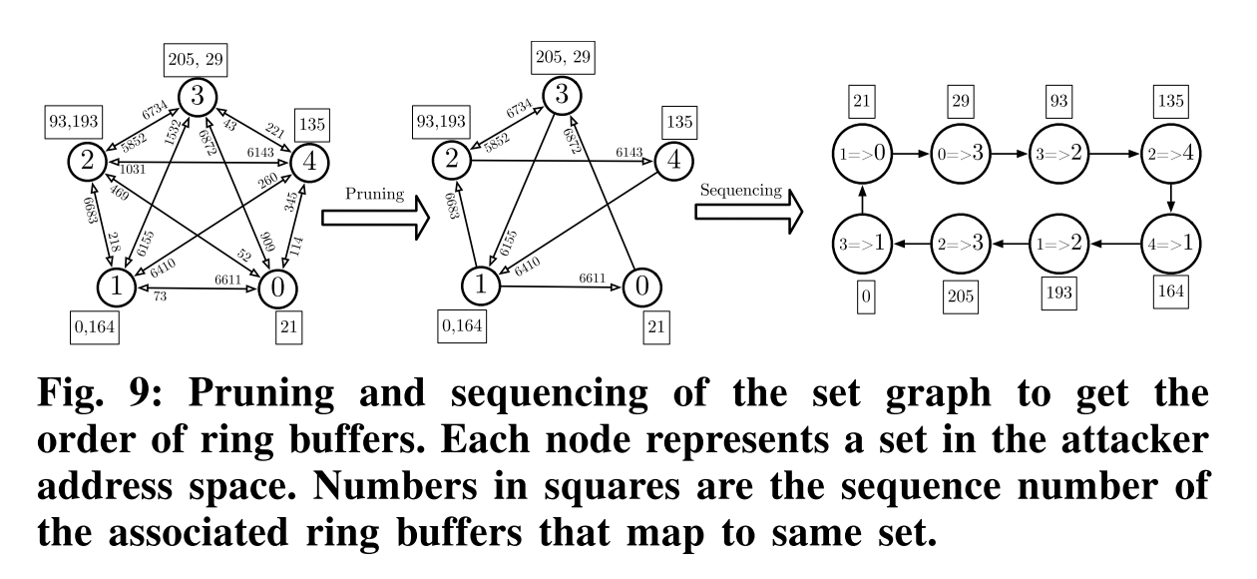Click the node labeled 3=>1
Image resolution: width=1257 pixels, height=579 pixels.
[864, 243]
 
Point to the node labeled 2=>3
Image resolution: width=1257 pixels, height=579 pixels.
[962, 243]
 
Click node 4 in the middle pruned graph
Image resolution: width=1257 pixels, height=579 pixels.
[675, 160]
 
